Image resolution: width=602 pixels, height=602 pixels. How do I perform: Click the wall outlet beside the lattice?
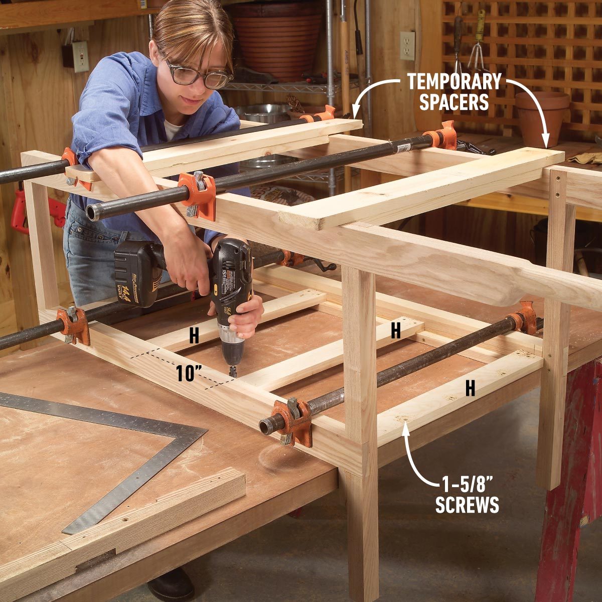coord(407,46)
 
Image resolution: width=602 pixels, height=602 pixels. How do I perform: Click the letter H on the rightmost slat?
coord(470,388)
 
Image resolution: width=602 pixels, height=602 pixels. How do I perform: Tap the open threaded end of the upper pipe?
coord(93,212)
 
